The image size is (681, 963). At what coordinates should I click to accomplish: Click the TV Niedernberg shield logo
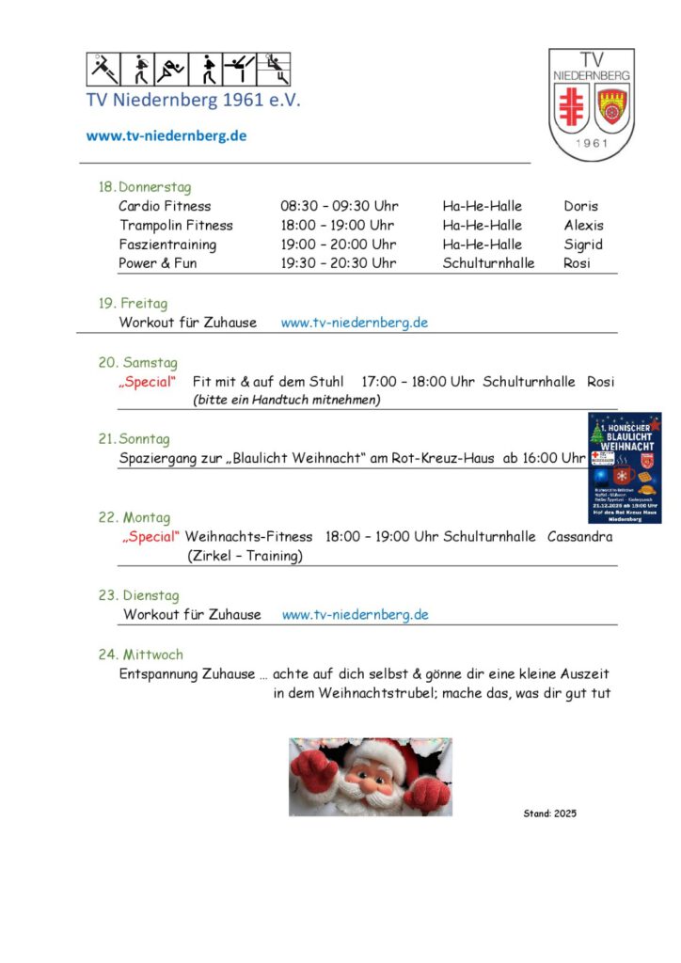coord(591,104)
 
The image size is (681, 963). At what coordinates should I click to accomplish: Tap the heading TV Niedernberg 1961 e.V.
coord(194,100)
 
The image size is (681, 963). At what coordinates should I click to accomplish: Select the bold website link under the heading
coord(166,135)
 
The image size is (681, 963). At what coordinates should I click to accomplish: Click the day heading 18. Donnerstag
coord(145,187)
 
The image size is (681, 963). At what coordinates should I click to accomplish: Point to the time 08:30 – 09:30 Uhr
coord(340,206)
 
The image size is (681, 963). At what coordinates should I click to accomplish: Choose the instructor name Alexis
coord(583,226)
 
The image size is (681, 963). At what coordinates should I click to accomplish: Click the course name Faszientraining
coord(167,245)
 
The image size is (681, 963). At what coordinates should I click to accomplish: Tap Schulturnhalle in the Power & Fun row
coord(488,263)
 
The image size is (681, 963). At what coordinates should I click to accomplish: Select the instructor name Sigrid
coord(583,245)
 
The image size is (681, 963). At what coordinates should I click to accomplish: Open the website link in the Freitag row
coord(355,323)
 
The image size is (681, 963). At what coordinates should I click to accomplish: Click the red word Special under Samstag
coord(148,382)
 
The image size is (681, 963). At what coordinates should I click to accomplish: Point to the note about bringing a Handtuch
coord(286,400)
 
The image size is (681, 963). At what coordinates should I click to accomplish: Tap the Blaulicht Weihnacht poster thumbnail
coord(625,467)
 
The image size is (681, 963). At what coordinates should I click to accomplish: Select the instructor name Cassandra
coord(579,537)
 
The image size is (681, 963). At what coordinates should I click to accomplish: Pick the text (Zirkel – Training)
coord(245,556)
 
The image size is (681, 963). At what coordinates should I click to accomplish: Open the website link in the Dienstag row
coord(356,615)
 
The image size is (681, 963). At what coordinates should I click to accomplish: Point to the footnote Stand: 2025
coord(549,813)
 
